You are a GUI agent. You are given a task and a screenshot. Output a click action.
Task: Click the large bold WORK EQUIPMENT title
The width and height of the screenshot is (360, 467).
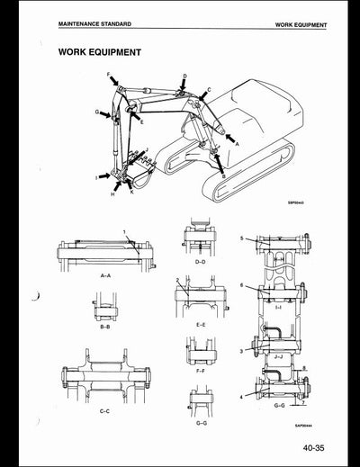(99, 51)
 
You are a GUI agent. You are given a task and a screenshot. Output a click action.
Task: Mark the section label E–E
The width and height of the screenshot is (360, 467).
(200, 322)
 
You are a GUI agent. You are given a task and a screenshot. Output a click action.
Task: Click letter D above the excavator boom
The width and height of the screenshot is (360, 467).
(184, 77)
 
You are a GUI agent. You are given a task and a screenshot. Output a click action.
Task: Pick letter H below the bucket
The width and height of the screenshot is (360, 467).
(112, 193)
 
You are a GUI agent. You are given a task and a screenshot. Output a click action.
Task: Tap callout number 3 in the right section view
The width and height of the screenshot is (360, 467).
(242, 349)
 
